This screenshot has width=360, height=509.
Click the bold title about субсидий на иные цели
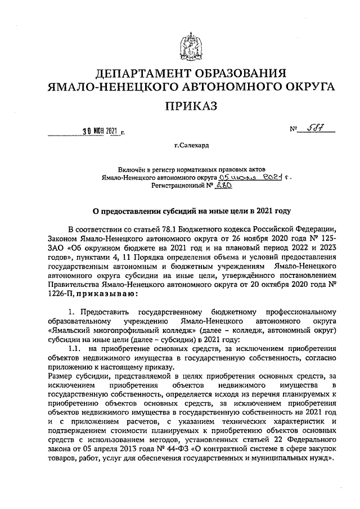191,211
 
